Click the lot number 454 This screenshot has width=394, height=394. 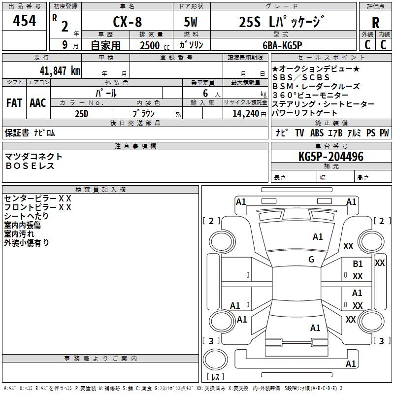[x=24, y=21]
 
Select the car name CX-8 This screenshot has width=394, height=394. [x=126, y=23]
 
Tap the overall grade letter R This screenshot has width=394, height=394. [x=375, y=23]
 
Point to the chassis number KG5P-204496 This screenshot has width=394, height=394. [x=330, y=157]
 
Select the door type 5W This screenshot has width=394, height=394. [x=191, y=23]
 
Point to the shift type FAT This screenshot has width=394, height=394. [x=14, y=103]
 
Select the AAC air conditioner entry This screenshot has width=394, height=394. [x=38, y=103]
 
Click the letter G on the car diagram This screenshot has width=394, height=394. [x=311, y=260]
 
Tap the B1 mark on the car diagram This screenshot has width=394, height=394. [x=358, y=264]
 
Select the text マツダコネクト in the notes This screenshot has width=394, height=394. [x=33, y=157]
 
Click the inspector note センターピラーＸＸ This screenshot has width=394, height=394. [x=37, y=198]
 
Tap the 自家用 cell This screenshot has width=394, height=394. [x=105, y=45]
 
